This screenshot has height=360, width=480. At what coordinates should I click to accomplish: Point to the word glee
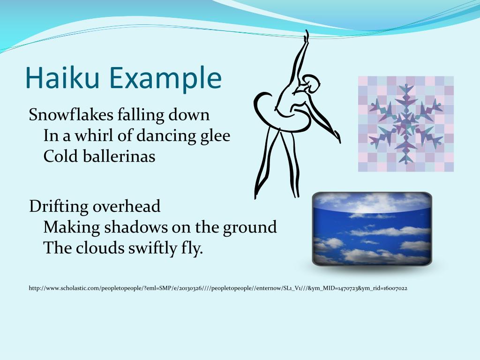click(x=216, y=136)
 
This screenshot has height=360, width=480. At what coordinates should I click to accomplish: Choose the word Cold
click(x=59, y=156)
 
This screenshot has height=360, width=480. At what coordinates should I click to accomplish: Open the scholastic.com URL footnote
click(x=218, y=288)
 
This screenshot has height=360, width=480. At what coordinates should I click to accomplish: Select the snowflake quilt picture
click(x=406, y=124)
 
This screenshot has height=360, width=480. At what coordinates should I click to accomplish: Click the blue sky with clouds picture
click(x=372, y=229)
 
